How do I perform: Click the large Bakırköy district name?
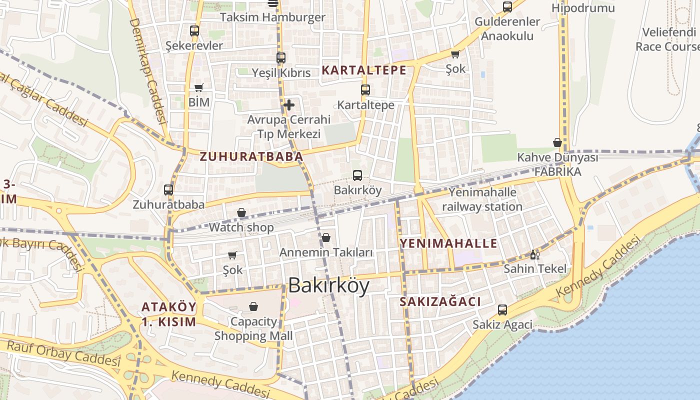[x=329, y=285]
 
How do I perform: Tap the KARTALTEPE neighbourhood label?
[x=364, y=70]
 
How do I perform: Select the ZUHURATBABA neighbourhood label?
[x=251, y=156]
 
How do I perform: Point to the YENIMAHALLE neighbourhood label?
[x=448, y=243]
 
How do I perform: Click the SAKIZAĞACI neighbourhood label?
[x=440, y=301]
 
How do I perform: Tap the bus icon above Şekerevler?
[x=194, y=30]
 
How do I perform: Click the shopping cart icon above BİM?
[x=199, y=88]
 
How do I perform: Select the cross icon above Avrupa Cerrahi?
[x=288, y=105]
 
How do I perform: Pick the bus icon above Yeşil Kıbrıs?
[x=281, y=57]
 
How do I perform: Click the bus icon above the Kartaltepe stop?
[x=365, y=90]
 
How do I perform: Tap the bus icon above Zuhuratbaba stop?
[x=168, y=190]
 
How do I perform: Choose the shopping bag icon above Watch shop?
[x=241, y=213]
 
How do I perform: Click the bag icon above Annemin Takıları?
[x=326, y=237]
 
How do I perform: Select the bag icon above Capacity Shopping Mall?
[x=253, y=306]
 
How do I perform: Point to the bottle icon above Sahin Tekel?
[x=534, y=254]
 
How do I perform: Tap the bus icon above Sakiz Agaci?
[x=502, y=310]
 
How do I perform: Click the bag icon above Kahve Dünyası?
[x=557, y=143]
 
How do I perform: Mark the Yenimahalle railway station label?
[x=482, y=199]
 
